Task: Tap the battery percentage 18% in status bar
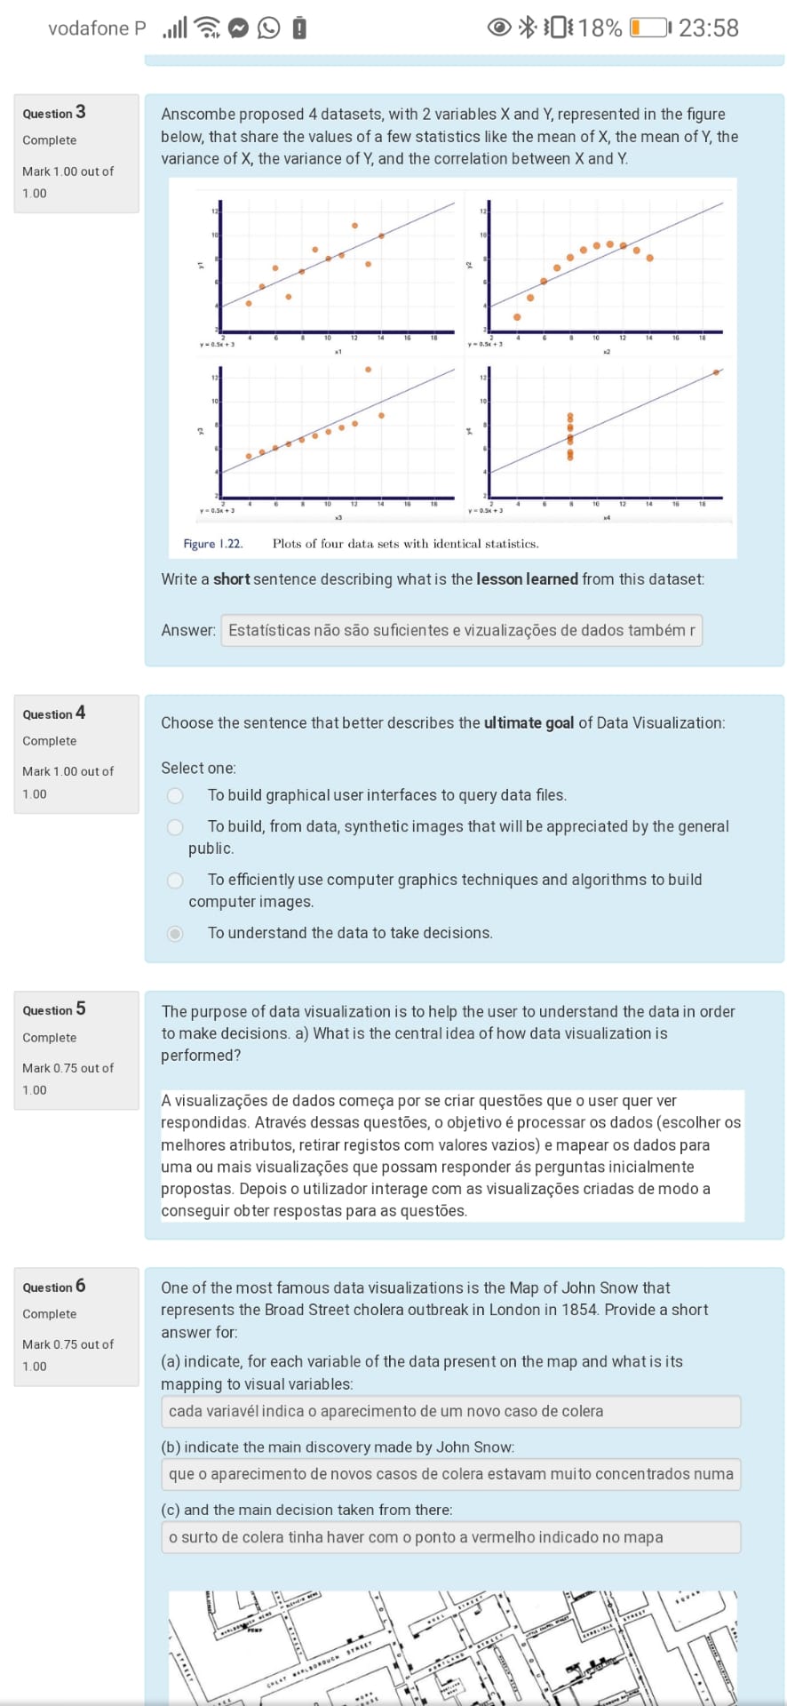pos(600,28)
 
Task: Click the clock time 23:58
pos(708,28)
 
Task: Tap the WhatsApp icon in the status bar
pos(268,28)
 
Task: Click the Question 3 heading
pos(54,113)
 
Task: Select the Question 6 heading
pos(54,1287)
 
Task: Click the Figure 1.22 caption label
pos(212,544)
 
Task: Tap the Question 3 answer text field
pos(461,630)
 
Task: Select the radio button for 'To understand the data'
pos(176,933)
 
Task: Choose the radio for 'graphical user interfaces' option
pos(176,795)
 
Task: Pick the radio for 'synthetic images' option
pos(176,827)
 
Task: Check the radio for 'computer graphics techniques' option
pos(176,880)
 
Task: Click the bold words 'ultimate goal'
pos(529,723)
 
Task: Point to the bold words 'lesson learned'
pos(527,579)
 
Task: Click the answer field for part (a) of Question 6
pos(450,1411)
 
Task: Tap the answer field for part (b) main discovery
pos(450,1474)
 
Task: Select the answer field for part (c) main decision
pos(450,1537)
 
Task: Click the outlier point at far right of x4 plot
pos(716,372)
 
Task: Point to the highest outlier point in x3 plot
pos(368,370)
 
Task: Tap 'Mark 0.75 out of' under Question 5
pos(68,1068)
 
